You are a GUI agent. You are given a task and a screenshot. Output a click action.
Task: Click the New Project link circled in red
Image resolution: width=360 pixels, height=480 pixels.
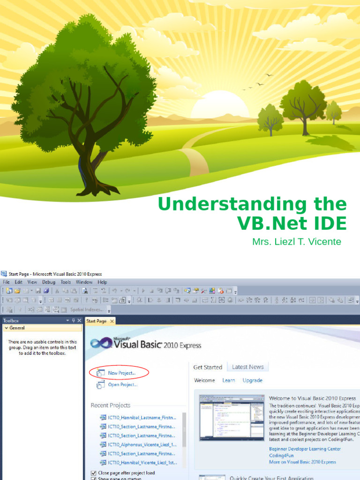pos(121,373)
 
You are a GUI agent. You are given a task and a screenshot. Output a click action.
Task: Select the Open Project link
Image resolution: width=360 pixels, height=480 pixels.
pos(122,385)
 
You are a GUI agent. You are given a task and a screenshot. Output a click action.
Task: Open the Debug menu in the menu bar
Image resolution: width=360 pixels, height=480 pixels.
pos(48,282)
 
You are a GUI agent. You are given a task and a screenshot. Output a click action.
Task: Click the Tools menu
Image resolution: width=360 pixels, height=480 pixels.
pos(66,282)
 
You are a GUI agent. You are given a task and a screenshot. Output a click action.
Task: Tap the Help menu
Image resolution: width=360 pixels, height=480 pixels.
pos(102,282)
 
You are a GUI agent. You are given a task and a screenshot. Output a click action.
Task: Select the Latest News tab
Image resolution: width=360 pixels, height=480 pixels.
pos(247,367)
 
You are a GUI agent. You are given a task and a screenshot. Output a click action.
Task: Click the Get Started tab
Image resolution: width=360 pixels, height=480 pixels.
pos(208,367)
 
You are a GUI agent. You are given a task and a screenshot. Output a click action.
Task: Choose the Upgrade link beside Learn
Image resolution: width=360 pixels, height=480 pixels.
pos(252,380)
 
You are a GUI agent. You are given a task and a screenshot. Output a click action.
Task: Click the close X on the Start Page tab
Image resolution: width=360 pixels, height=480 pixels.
pos(112,321)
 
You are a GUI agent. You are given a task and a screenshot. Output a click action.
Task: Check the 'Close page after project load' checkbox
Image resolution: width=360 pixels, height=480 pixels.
pos(94,473)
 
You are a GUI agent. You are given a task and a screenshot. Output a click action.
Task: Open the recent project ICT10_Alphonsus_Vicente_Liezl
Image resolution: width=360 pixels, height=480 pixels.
pos(142,444)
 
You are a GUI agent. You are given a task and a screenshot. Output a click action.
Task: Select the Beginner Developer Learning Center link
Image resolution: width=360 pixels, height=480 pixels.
pos(305,449)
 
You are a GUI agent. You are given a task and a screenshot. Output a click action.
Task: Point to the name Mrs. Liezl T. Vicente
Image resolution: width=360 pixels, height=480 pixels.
pos(297,242)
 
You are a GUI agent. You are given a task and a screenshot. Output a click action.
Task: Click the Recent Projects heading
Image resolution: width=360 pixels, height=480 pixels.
pos(110,405)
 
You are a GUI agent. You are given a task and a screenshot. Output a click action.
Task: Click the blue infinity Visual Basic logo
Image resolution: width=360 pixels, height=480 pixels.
pos(101,343)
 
